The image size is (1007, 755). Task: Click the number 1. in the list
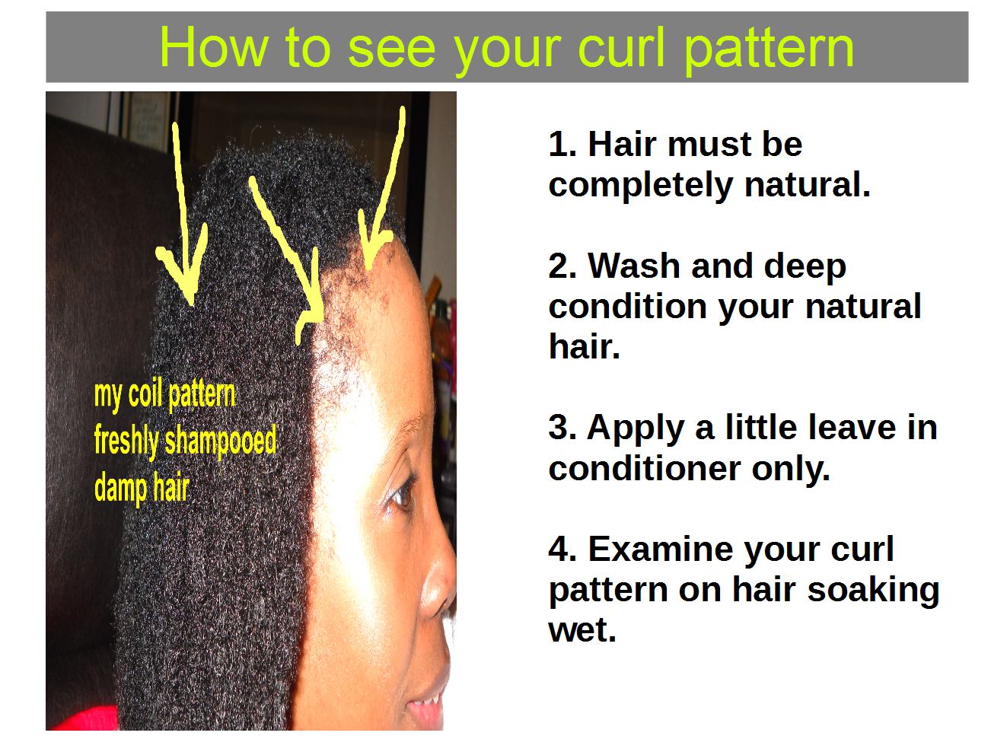click(x=562, y=145)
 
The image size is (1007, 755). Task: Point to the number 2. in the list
click(x=562, y=266)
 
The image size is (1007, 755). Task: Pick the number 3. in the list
click(x=562, y=428)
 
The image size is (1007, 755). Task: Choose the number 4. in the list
click(x=562, y=550)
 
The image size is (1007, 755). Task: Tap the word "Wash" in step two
click(x=635, y=266)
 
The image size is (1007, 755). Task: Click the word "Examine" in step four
click(x=655, y=550)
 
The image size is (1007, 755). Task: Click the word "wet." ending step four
click(x=582, y=630)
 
